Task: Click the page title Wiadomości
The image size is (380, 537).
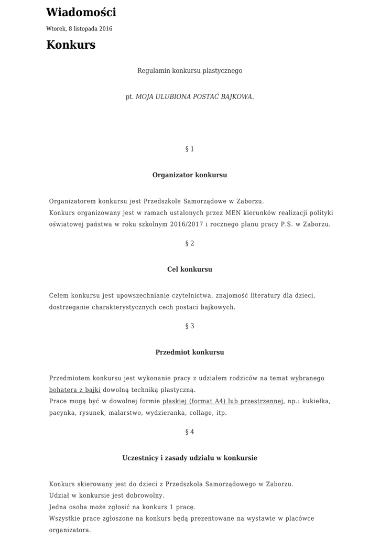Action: (x=81, y=13)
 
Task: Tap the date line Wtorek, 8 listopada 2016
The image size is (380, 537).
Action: (x=79, y=29)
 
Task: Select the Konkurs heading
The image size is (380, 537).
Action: (x=71, y=45)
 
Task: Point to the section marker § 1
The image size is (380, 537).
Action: (x=190, y=149)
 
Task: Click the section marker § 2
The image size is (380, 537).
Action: (x=190, y=244)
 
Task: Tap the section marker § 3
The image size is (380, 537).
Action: (x=190, y=326)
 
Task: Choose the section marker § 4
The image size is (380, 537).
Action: (x=190, y=432)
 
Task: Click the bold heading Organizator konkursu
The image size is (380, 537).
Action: (x=190, y=175)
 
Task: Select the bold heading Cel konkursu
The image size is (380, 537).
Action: (x=190, y=270)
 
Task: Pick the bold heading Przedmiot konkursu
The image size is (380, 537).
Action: (x=190, y=352)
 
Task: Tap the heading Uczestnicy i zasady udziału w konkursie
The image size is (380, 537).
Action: (x=190, y=458)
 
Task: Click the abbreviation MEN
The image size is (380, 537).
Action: (x=233, y=213)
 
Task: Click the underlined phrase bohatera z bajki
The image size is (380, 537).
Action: (x=75, y=390)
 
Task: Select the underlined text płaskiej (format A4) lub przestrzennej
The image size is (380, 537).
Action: (x=223, y=402)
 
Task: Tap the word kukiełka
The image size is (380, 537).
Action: (x=317, y=402)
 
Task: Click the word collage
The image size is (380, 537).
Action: (x=200, y=413)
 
